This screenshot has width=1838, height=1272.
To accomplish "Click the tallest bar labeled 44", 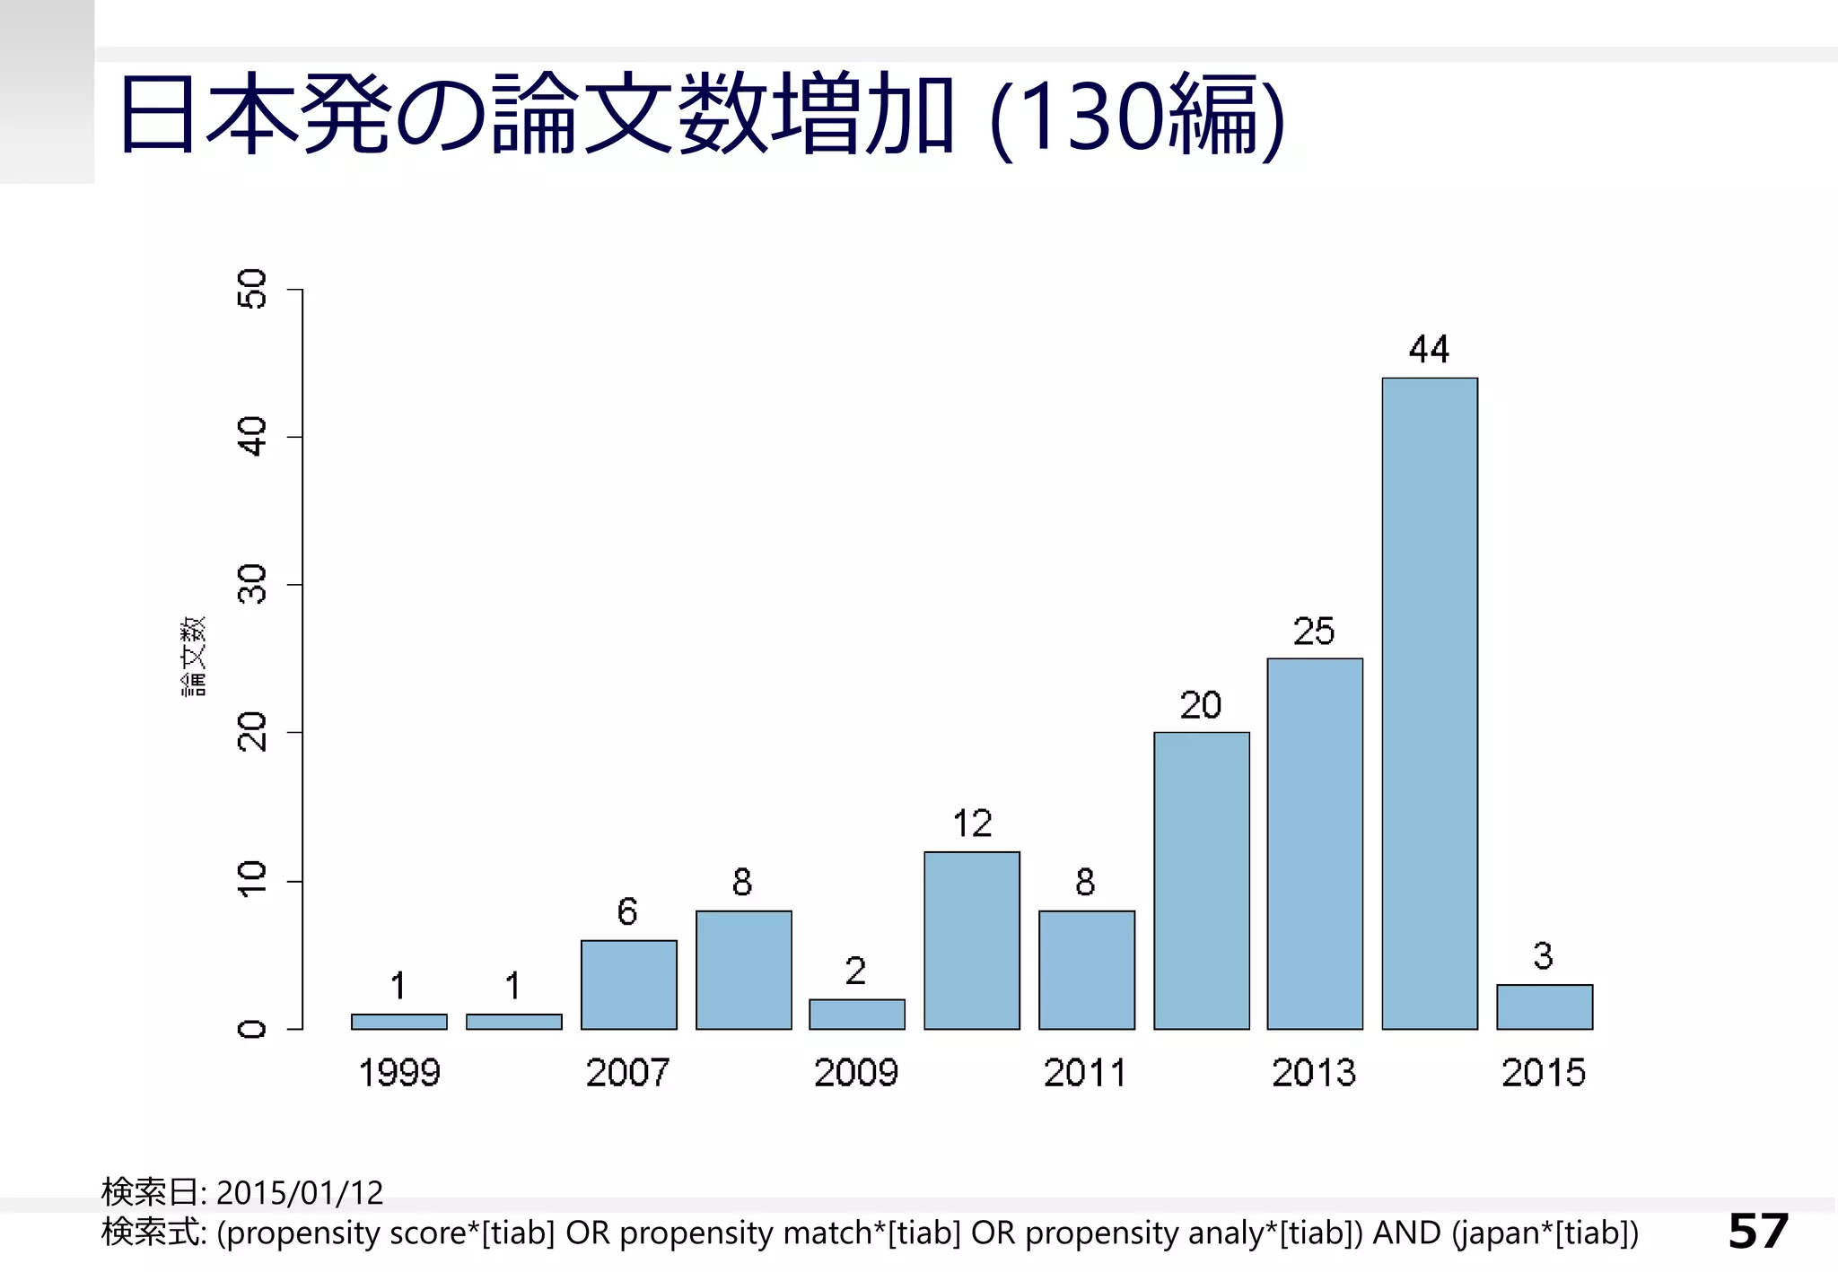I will point(1430,703).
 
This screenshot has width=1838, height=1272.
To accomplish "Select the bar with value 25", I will point(1315,843).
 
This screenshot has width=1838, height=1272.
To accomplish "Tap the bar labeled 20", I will point(1201,880).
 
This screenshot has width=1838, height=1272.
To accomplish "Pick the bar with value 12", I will point(972,940).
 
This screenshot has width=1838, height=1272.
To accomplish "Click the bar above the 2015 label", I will point(1545,1006).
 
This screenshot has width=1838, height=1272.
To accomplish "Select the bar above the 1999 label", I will point(398,1022).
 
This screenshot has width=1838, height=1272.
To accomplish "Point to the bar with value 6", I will point(628,984).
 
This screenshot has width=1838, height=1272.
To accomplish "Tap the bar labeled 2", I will point(857,1014).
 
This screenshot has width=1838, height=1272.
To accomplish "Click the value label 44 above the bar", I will point(1429,350).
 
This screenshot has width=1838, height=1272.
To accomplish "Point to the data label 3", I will point(1543,956).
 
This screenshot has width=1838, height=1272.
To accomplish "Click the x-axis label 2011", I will point(1085,1073).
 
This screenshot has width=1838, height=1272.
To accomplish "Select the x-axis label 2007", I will point(627,1073).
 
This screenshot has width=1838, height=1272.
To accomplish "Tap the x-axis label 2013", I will point(1314,1073).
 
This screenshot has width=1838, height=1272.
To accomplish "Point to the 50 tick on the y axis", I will point(254,289).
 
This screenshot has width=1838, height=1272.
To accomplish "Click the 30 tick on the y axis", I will point(254,584).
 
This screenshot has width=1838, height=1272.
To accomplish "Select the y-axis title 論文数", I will point(194,657).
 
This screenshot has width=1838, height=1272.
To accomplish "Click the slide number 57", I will point(1758,1231).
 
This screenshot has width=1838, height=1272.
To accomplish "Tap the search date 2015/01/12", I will point(299,1193).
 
